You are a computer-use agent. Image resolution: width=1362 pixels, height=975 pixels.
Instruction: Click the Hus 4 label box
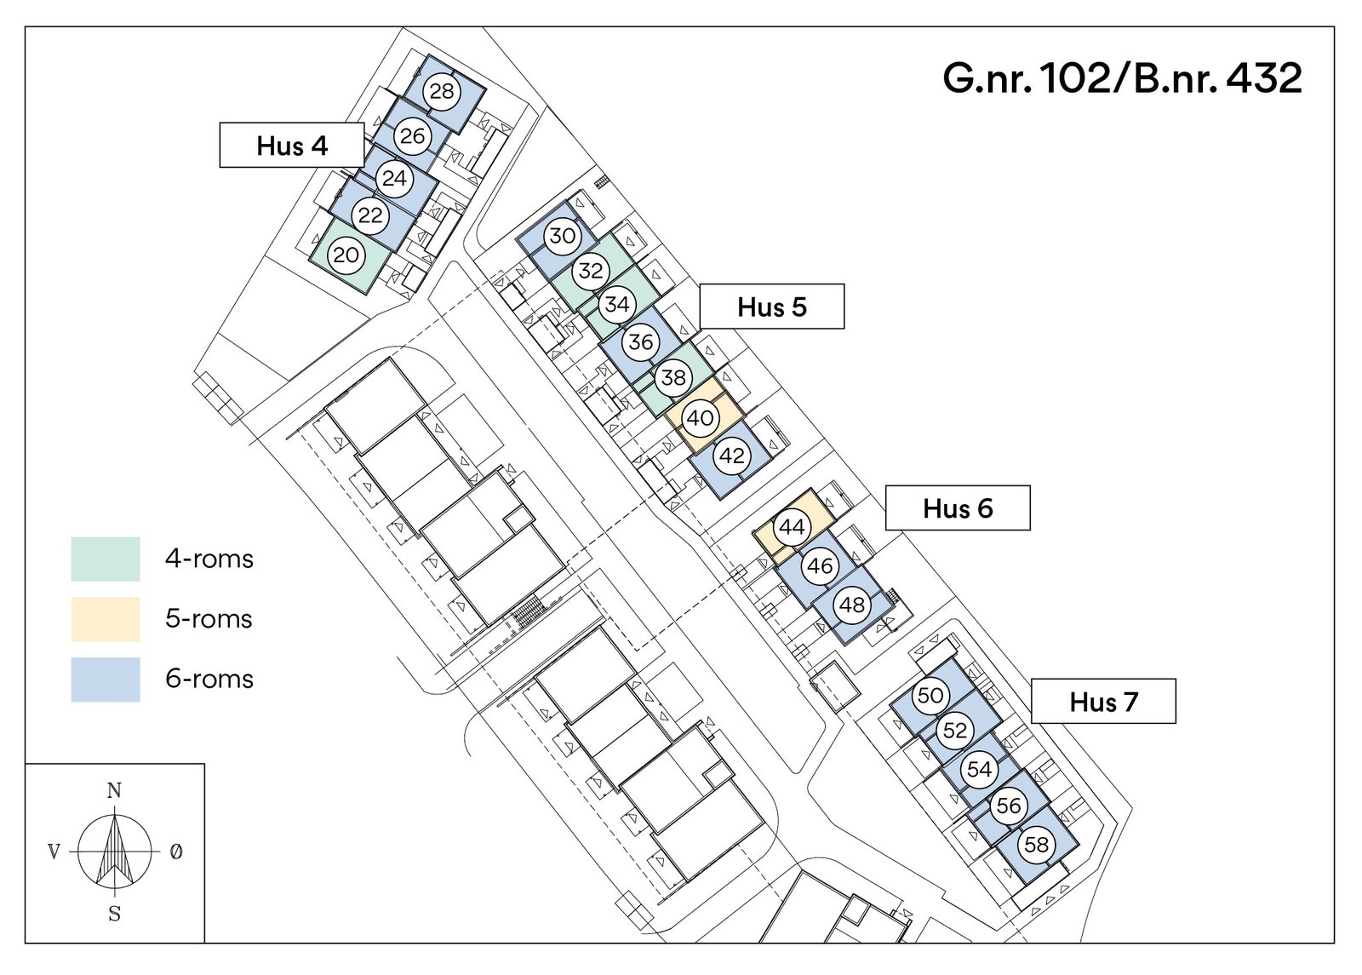292,145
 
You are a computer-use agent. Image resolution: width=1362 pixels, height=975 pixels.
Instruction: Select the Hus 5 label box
771,307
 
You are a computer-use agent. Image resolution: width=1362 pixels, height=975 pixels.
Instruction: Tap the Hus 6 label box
958,508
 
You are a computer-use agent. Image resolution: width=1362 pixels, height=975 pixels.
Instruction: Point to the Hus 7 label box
1103,702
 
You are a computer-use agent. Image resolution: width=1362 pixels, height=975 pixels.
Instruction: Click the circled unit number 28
442,91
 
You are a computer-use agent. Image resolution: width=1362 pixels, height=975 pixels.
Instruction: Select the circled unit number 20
346,255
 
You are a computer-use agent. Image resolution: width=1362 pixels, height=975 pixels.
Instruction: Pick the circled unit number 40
701,418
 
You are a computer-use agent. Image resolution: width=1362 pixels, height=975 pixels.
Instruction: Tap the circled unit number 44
792,527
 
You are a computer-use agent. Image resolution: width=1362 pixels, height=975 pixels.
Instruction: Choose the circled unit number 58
1037,844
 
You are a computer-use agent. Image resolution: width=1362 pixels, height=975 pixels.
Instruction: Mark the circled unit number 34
617,303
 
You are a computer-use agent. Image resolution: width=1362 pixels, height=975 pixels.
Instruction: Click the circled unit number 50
930,695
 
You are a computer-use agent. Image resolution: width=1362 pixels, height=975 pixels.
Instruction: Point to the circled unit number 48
852,605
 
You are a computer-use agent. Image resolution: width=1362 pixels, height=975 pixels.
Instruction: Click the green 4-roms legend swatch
106,559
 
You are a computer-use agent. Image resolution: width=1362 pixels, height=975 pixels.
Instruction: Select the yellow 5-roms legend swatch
106,619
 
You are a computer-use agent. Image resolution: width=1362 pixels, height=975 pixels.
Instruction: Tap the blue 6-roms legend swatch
106,680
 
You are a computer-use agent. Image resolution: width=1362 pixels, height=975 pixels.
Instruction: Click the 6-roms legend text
209,679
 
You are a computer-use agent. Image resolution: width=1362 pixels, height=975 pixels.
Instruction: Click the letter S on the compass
114,914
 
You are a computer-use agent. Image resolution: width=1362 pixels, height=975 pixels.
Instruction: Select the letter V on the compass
54,852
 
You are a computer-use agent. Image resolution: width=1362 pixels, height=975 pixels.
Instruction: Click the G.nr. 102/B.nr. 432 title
1123,78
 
